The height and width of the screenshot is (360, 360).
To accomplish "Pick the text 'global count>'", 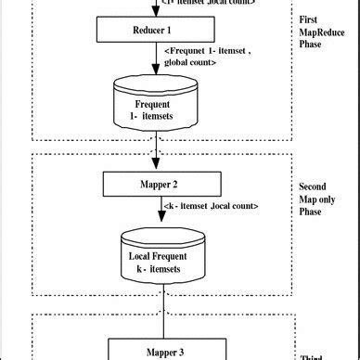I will click(194, 63).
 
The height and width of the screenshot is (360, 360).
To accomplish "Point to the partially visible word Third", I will click(313, 356).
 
